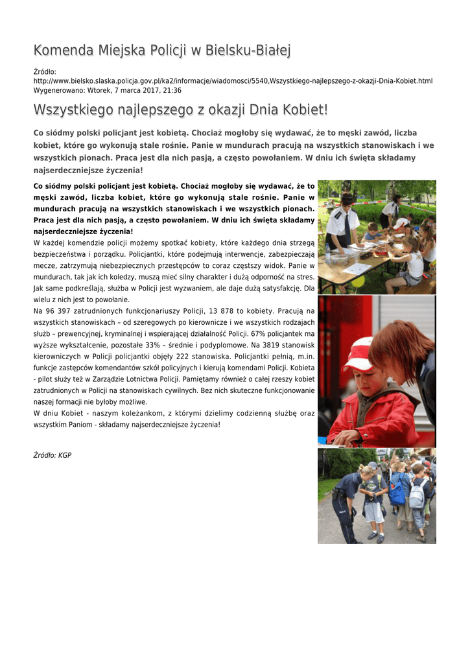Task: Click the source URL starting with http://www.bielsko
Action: (x=233, y=81)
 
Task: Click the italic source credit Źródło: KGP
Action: (x=53, y=455)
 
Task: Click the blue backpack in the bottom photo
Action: (x=397, y=493)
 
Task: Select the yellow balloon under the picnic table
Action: (x=358, y=281)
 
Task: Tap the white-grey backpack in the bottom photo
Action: (x=418, y=494)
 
